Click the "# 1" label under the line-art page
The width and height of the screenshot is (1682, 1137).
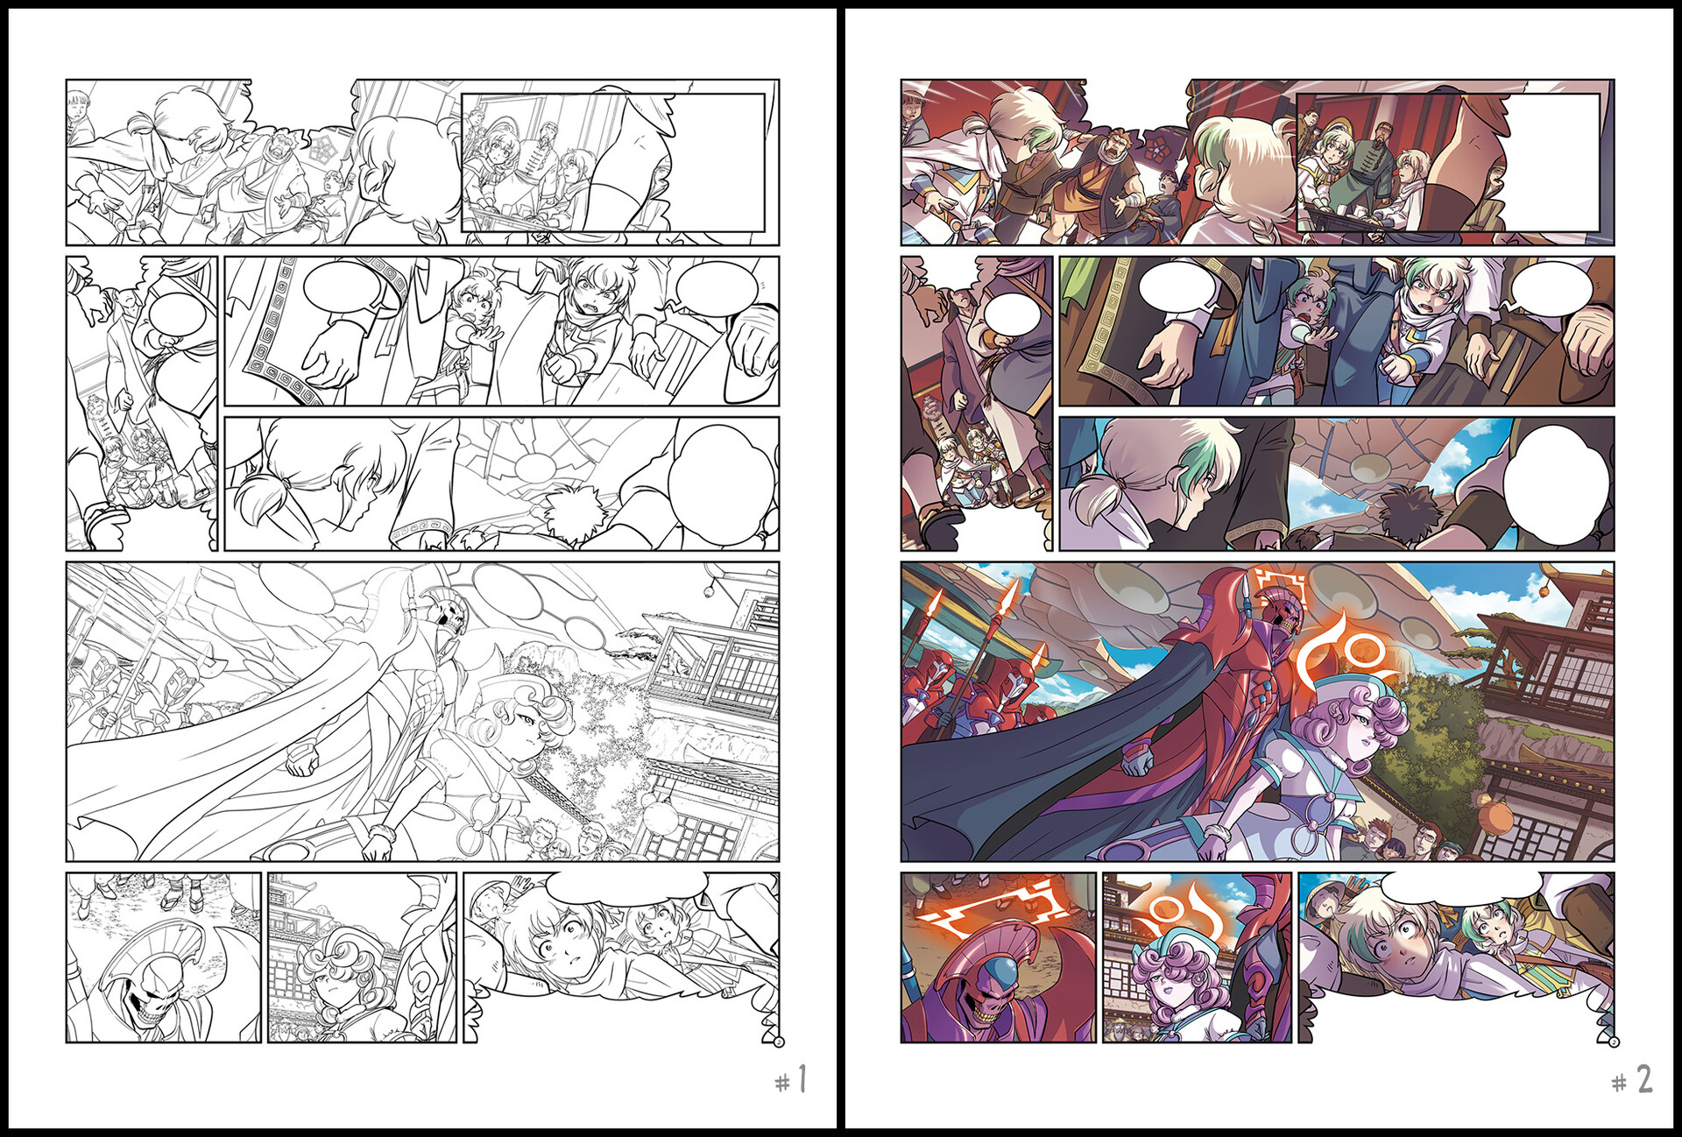790,1080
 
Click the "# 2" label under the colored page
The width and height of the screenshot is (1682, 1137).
1632,1080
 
